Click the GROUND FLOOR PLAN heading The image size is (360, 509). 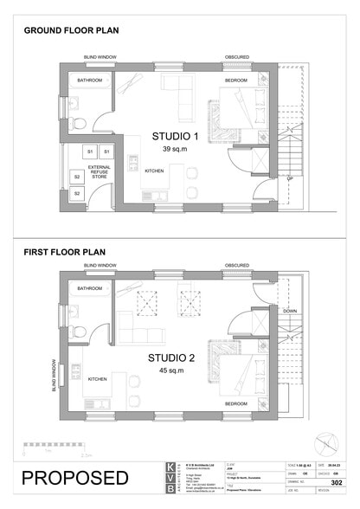click(71, 30)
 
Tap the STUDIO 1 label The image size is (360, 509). click(176, 136)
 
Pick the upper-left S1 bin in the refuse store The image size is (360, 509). click(89, 152)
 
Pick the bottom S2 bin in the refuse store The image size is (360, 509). click(77, 192)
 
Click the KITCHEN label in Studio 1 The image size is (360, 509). click(154, 171)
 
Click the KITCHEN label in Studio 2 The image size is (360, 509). click(97, 379)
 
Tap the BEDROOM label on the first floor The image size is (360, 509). click(235, 403)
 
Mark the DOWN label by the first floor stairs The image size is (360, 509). click(290, 309)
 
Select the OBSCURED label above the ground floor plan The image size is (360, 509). click(237, 58)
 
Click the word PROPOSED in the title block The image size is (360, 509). click(75, 478)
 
